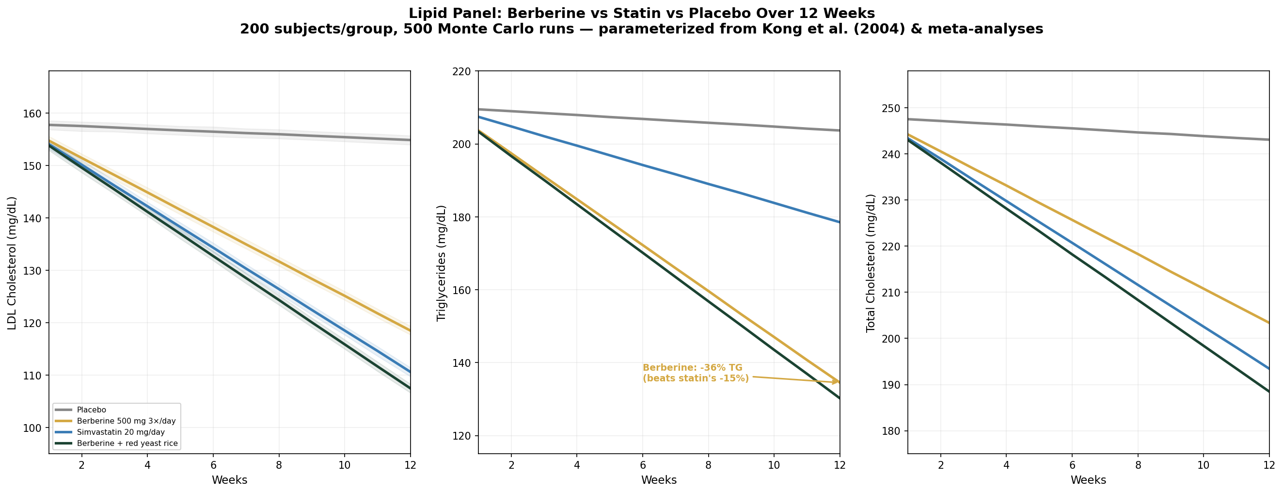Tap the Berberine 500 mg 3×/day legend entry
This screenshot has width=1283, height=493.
126,421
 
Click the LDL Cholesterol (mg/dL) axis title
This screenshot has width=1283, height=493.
12,263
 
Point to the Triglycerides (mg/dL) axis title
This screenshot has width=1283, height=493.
441,263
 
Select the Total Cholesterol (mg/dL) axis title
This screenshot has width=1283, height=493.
871,263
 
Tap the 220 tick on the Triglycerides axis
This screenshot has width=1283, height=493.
463,71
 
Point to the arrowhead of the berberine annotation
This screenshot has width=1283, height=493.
838,382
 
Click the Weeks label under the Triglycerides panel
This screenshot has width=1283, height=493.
659,480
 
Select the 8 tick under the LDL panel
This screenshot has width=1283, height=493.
279,465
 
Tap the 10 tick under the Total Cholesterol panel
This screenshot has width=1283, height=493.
1204,465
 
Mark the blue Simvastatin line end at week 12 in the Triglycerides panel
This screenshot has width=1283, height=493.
839,222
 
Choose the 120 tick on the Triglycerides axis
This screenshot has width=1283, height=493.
463,436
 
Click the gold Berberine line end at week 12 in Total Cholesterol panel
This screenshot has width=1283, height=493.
1267,322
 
